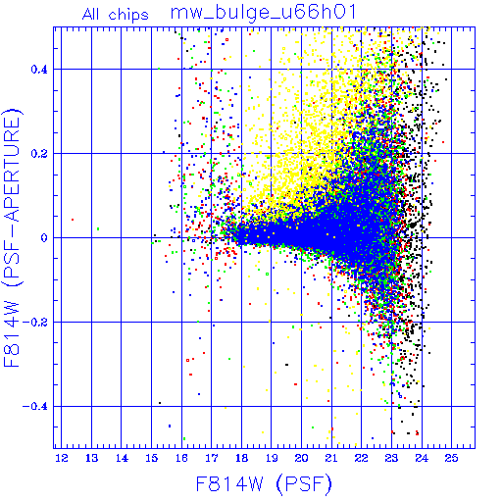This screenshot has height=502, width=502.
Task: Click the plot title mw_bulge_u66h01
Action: pos(263,13)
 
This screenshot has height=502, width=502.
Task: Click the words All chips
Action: pos(116,15)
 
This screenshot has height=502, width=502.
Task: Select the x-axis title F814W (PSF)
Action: pos(264,484)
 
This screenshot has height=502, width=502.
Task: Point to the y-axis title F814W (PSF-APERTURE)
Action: pos(12,237)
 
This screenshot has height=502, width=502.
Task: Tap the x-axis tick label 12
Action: pos(62,458)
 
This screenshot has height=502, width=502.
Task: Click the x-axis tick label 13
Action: pos(91,458)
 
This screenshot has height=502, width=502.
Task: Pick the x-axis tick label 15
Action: pos(152,458)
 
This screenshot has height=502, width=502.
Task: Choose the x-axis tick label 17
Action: pos(212,458)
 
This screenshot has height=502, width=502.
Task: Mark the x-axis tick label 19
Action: pos(272,458)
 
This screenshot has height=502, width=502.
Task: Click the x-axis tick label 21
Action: pos(331,458)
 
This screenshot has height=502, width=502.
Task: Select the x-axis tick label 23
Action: pos(391,458)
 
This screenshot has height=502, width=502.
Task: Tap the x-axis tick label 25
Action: pos(451,458)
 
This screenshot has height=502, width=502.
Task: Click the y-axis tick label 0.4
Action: pos(39,70)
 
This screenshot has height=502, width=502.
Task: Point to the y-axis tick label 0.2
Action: pos(39,154)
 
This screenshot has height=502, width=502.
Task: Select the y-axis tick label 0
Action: pos(44,238)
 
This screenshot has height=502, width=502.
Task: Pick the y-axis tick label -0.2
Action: pos(35,323)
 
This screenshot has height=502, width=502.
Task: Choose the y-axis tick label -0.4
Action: pos(35,407)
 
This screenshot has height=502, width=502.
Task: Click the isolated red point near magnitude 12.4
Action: pos(73,220)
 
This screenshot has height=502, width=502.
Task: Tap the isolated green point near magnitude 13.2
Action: pos(98,228)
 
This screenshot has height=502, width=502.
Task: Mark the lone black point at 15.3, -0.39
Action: pos(160,403)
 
